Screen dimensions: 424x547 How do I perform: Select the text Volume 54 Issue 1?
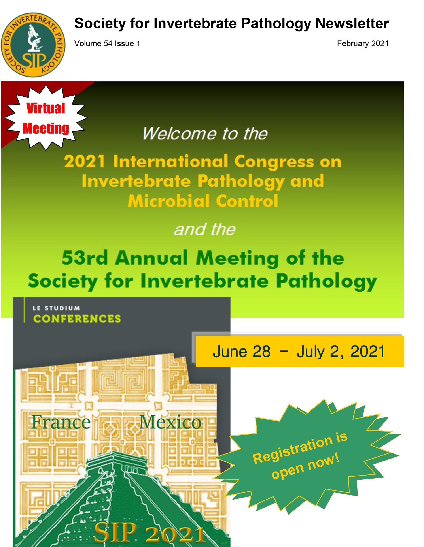(x=107, y=44)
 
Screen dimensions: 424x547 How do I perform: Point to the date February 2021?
(x=363, y=44)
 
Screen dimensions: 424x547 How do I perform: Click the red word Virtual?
(x=46, y=108)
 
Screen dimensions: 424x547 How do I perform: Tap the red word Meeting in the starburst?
(x=46, y=128)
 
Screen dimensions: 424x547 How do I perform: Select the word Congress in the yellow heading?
(x=274, y=162)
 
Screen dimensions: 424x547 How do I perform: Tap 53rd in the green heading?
(x=85, y=258)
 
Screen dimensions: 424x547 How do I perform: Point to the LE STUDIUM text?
(x=56, y=308)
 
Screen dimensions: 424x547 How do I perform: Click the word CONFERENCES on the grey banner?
(x=77, y=319)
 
